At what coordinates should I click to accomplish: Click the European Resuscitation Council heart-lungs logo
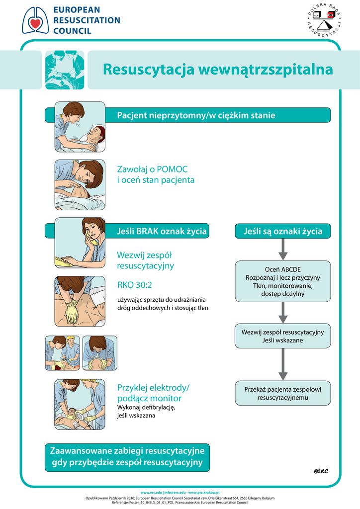point(35,20)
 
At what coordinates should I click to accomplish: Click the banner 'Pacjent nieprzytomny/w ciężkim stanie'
point(196,115)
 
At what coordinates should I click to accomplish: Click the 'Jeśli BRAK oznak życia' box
point(162,231)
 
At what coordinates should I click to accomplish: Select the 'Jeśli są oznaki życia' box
point(282,231)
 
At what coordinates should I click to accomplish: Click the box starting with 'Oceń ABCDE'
point(282,281)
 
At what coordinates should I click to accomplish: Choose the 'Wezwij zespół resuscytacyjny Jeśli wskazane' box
point(282,336)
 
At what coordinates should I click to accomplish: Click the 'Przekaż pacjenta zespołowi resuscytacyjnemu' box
point(282,393)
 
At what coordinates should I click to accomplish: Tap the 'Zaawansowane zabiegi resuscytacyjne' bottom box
point(127,457)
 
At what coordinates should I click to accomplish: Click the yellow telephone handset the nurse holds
point(91,240)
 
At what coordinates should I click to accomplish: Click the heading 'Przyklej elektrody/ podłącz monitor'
point(153,393)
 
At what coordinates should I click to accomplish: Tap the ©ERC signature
point(321,471)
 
